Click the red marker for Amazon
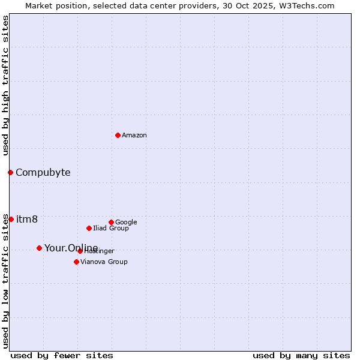(x=118, y=135)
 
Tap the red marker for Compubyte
(x=10, y=172)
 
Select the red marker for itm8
(x=11, y=219)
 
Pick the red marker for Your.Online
(x=39, y=248)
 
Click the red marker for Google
(x=111, y=222)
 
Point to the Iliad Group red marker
(x=89, y=228)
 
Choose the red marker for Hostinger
(x=80, y=251)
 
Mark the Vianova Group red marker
(x=76, y=262)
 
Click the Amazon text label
(x=134, y=136)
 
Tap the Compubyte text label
(x=43, y=173)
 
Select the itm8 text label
(x=27, y=220)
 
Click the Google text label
(x=126, y=223)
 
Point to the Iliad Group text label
(x=111, y=229)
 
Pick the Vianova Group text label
(x=104, y=262)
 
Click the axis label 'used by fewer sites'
(x=62, y=355)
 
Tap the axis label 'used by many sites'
(x=301, y=355)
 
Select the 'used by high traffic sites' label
(x=5, y=86)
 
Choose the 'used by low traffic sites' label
(x=5, y=280)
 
